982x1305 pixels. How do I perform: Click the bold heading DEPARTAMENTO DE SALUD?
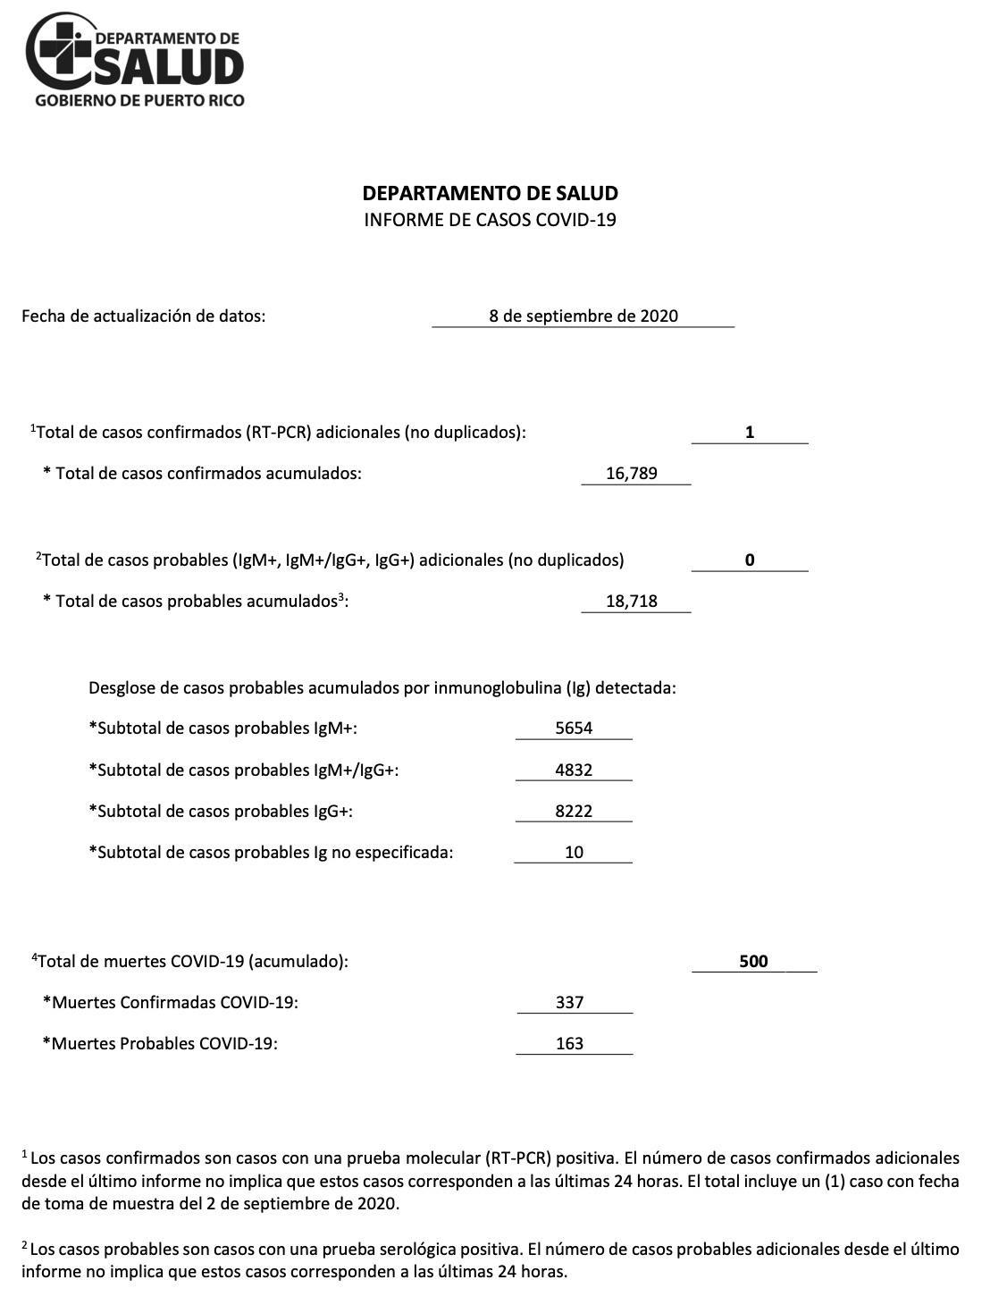click(490, 193)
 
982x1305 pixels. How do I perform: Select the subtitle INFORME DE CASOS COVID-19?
click(490, 220)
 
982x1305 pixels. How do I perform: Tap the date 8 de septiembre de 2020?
click(583, 316)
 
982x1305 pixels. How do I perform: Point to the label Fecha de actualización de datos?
click(143, 316)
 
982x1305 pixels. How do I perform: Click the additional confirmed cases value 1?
click(750, 433)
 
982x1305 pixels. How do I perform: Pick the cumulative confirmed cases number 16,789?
click(632, 474)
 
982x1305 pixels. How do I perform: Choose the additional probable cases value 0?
click(750, 560)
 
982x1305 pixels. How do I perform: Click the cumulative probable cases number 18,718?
click(632, 602)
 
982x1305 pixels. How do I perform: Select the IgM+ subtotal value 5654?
click(574, 728)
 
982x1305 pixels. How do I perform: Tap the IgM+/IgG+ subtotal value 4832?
click(574, 770)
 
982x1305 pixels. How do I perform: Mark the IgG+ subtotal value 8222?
click(574, 812)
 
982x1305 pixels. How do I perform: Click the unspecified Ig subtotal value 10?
click(574, 853)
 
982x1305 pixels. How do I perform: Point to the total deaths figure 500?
click(753, 962)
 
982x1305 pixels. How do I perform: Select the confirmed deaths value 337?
click(569, 1003)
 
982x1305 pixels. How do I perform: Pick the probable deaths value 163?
click(569, 1044)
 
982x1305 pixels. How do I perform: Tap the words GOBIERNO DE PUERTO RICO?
click(139, 100)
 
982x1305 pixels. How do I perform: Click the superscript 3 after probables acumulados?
click(341, 596)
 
